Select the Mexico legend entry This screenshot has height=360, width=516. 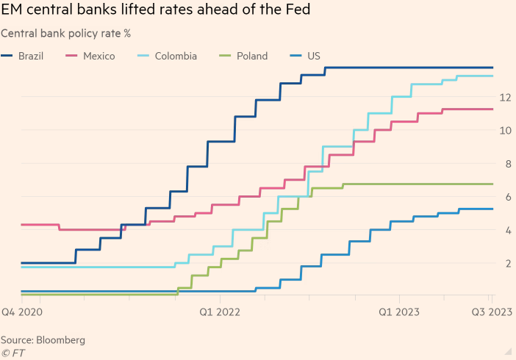pyautogui.click(x=99, y=56)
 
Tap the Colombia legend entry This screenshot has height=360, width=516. pyautogui.click(x=176, y=56)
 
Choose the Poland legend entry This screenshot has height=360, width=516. pyautogui.click(x=251, y=56)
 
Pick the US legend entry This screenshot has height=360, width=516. pyautogui.click(x=313, y=56)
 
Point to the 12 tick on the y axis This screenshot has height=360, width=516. pyautogui.click(x=505, y=97)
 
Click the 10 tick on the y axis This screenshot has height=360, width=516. pyautogui.click(x=505, y=130)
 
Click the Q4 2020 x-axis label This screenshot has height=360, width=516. pyautogui.click(x=22, y=312)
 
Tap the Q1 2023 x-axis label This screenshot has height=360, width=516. pyautogui.click(x=399, y=312)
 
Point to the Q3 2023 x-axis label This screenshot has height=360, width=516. pyautogui.click(x=492, y=312)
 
